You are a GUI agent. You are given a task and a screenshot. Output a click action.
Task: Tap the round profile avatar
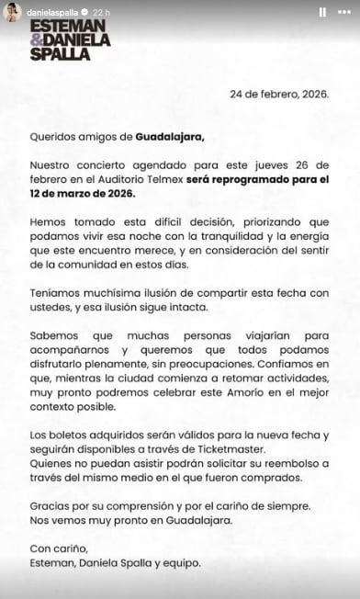[x=12, y=12]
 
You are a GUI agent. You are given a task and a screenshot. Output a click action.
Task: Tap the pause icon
[x=321, y=13]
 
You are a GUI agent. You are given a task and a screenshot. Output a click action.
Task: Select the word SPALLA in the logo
[x=60, y=53]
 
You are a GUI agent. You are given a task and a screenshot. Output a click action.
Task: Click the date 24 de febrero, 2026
[x=279, y=94]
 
